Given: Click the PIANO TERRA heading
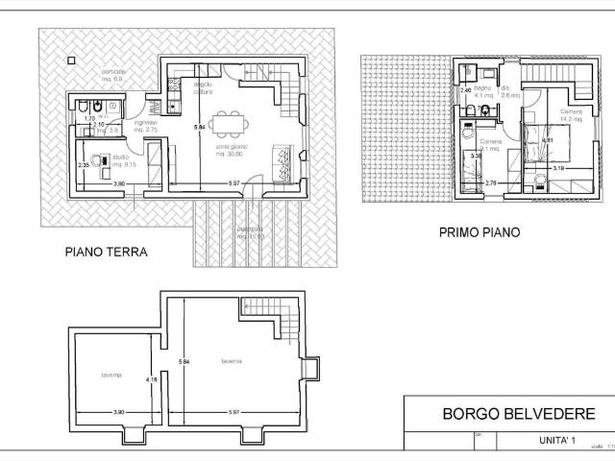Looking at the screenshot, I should click(x=106, y=254).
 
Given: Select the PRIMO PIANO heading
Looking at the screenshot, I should click(x=479, y=231).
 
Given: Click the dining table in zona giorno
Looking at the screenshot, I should click(x=228, y=123).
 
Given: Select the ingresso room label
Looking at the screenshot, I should click(x=145, y=126).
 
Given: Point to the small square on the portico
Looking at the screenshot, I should click(x=70, y=59).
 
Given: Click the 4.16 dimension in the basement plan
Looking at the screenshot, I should click(x=151, y=379).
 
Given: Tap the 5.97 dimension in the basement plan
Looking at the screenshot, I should click(x=234, y=412).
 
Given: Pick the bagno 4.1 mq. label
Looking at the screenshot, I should click(x=481, y=92).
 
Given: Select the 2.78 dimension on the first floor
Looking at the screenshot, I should click(x=490, y=182).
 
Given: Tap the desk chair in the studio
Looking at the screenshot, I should click(x=98, y=160).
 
